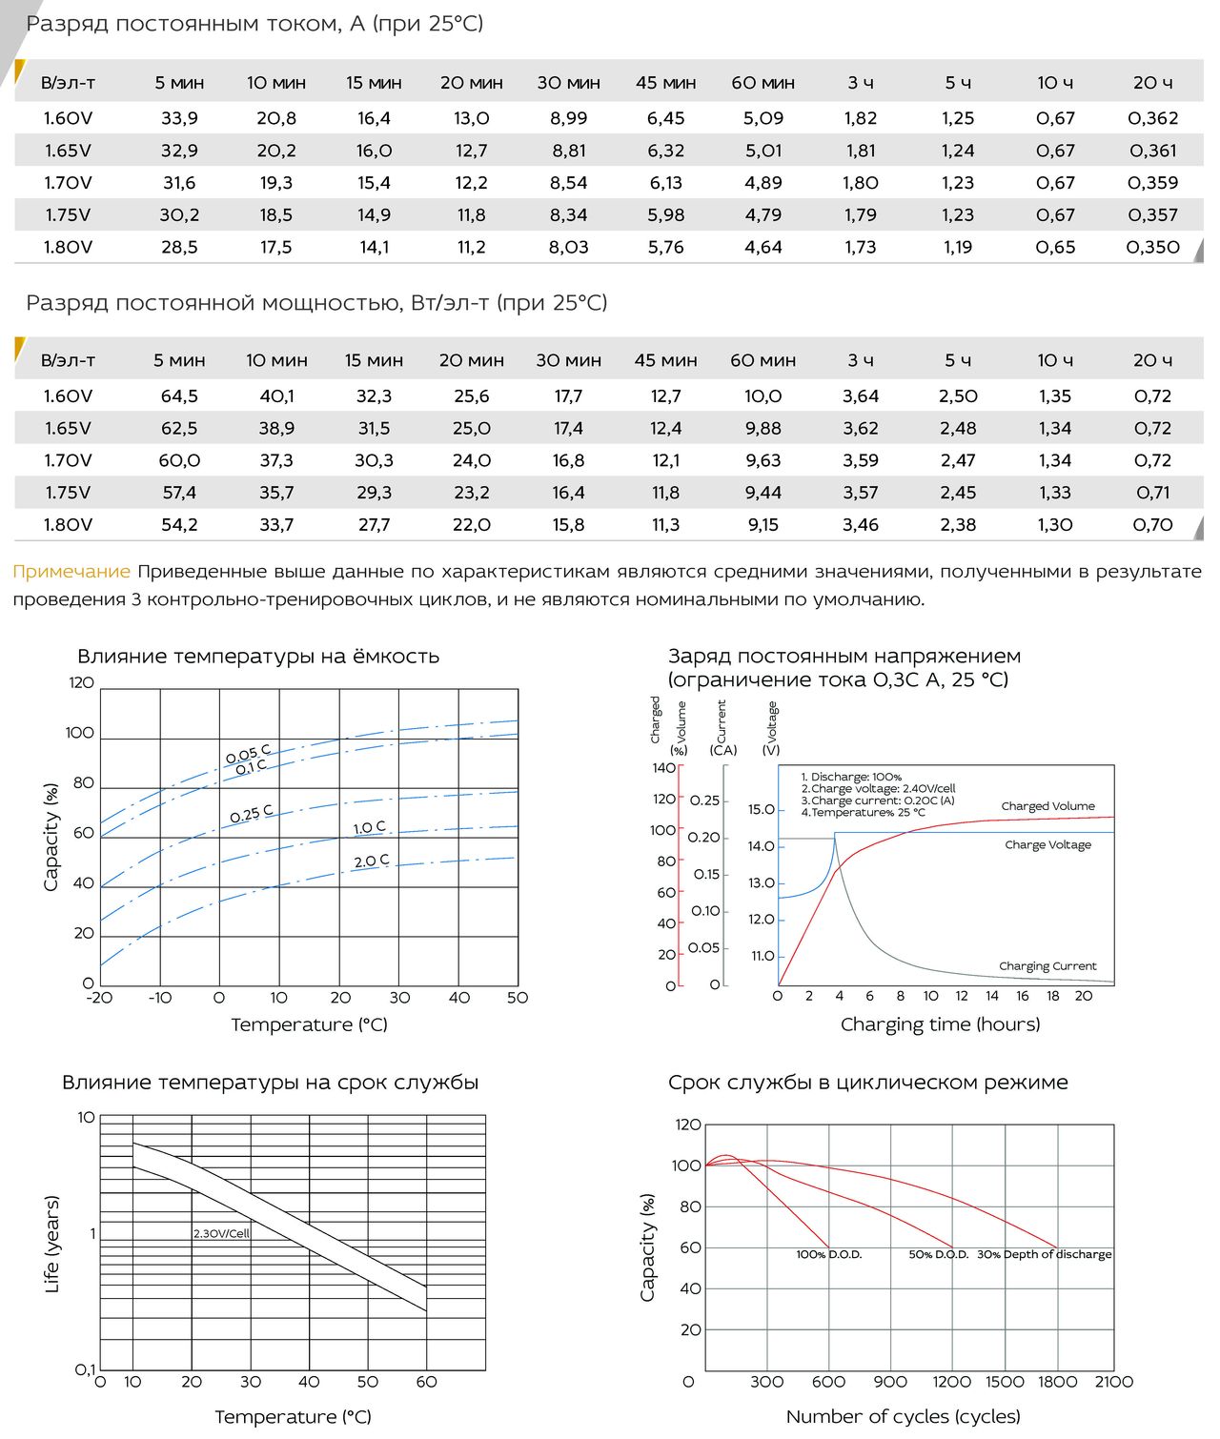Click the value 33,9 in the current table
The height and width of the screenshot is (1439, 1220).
coord(179,118)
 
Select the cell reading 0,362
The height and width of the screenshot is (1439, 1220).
coord(1152,118)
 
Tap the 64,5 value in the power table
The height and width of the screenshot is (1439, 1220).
coord(179,396)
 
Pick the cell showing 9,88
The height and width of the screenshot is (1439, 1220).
coord(762,429)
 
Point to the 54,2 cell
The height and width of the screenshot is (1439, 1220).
coord(179,525)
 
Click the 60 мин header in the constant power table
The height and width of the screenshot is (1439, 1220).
coord(762,361)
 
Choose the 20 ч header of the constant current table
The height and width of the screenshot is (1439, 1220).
coord(1152,83)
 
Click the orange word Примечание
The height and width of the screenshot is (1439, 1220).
coord(71,572)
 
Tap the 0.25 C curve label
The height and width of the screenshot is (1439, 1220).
coord(251,814)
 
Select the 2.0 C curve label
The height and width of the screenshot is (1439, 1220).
coord(371,861)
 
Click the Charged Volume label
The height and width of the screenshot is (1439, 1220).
coord(1047,806)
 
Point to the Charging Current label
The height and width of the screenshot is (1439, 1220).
coord(1047,966)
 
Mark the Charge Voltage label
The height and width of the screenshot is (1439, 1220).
coord(1047,845)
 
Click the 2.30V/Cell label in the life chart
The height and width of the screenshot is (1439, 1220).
coord(221,1233)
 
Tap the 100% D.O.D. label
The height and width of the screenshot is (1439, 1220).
coord(828,1255)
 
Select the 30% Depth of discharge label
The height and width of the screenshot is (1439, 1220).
coord(1044,1255)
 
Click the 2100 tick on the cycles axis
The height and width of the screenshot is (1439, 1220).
coord(1113,1382)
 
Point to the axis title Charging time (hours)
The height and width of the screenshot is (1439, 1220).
coord(940,1024)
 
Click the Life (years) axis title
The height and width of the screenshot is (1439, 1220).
coord(52,1244)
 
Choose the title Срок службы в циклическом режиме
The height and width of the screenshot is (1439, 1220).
coord(867,1083)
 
